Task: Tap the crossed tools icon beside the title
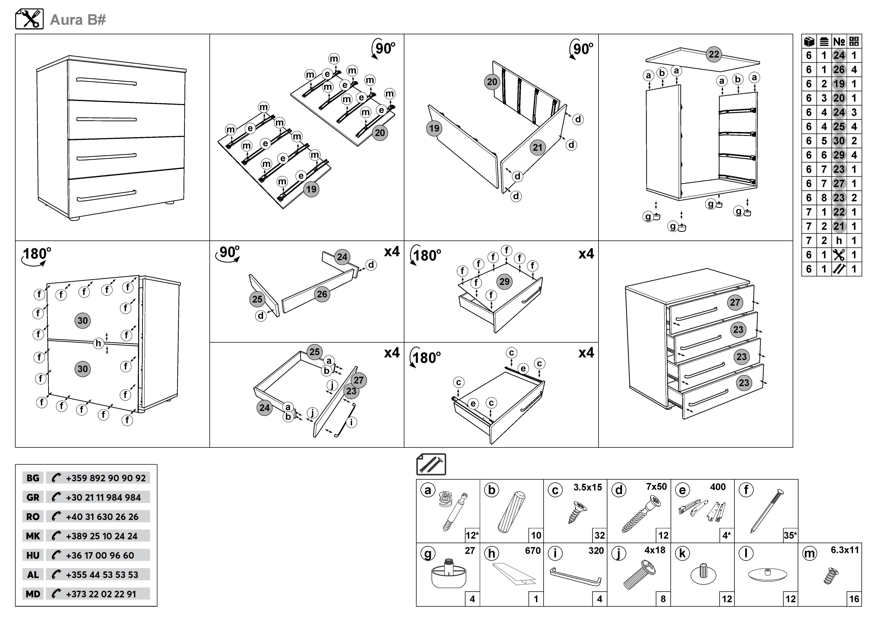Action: point(29,19)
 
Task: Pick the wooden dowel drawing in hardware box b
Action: point(511,512)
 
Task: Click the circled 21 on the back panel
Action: point(537,147)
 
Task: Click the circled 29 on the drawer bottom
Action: point(504,281)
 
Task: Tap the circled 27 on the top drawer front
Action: point(735,302)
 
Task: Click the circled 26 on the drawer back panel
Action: point(322,294)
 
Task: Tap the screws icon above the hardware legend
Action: point(431,464)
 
